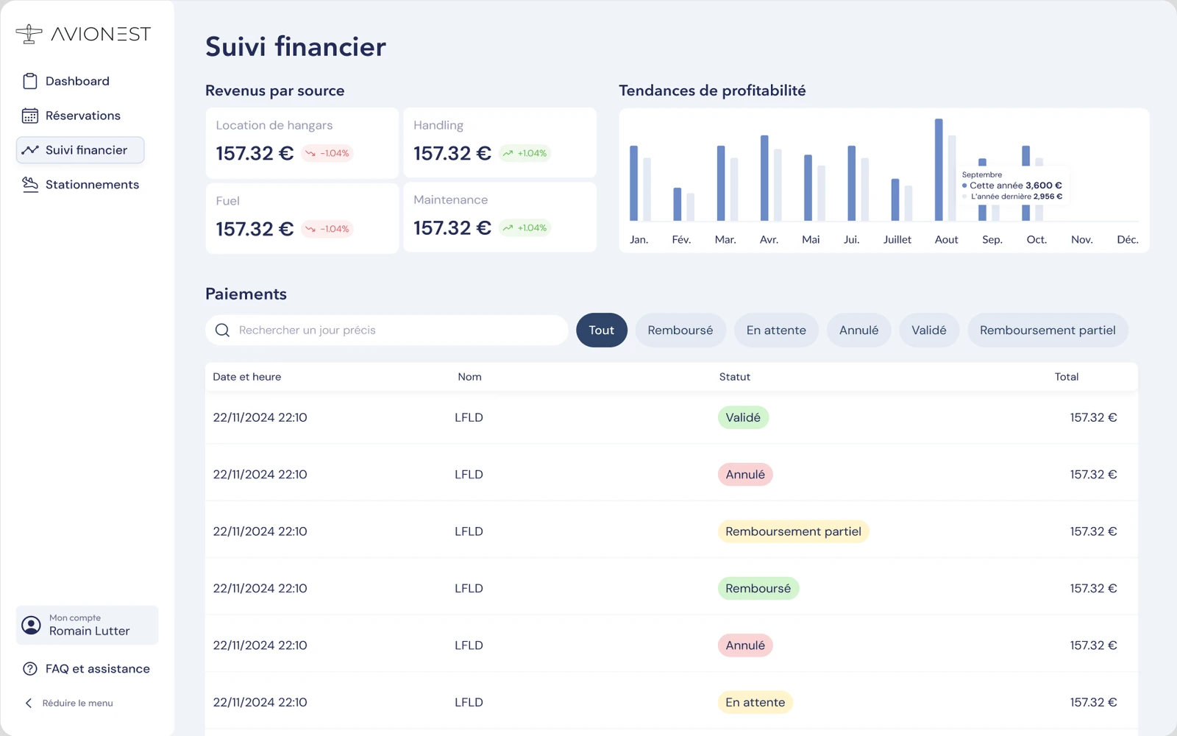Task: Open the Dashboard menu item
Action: click(x=66, y=81)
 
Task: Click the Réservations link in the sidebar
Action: click(x=71, y=116)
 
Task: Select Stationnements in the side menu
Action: click(x=81, y=185)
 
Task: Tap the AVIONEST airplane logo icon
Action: click(x=29, y=34)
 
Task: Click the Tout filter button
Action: click(x=602, y=330)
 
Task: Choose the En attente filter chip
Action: click(x=776, y=330)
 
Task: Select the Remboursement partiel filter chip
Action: click(x=1048, y=330)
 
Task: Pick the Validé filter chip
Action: click(x=929, y=330)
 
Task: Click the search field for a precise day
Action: click(x=387, y=330)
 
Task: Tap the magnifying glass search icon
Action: click(x=222, y=330)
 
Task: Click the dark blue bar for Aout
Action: click(x=939, y=170)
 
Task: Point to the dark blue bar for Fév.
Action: click(x=678, y=204)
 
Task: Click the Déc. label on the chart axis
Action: click(x=1128, y=240)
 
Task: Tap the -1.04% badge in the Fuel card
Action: click(x=327, y=229)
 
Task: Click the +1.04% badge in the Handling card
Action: click(x=525, y=153)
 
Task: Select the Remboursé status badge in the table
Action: click(x=758, y=588)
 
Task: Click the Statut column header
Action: click(x=735, y=377)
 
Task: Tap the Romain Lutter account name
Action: click(x=89, y=631)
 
